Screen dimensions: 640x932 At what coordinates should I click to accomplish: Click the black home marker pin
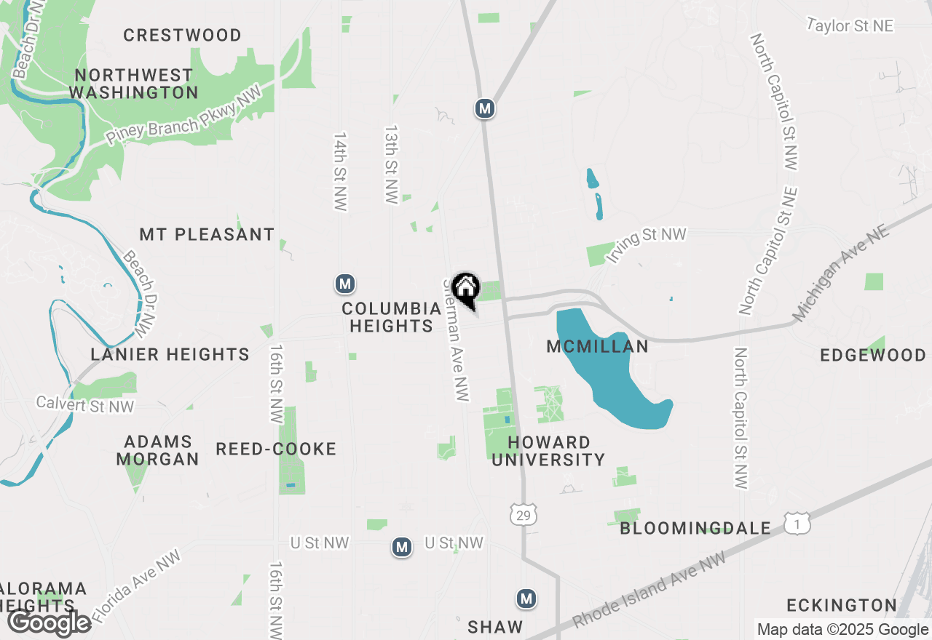coord(465,289)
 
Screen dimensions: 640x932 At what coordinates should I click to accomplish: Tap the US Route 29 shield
coord(524,514)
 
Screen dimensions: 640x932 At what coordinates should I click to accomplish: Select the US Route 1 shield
coord(797,523)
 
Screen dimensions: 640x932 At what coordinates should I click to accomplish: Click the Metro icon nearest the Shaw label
coord(526,599)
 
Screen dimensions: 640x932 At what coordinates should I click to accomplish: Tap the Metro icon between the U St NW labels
coord(401,546)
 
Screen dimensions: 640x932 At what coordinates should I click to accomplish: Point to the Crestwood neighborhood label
coord(182,35)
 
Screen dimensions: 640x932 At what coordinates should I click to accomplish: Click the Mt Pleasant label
coord(207,234)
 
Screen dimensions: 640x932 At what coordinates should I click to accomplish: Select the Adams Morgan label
coord(157,450)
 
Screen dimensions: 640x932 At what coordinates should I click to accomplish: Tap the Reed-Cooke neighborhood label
coord(276,449)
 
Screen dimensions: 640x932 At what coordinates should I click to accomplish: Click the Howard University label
coord(556,451)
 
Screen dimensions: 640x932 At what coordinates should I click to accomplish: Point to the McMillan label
coord(597,347)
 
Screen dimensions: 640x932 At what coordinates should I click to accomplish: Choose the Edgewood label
coord(872,355)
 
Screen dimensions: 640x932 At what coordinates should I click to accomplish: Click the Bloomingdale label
coord(695,528)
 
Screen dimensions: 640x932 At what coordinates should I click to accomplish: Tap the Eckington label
coord(841,605)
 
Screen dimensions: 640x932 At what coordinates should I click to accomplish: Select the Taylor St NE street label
coord(850,26)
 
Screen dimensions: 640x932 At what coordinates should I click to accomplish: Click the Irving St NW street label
coord(647,244)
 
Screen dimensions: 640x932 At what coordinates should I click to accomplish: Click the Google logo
coord(49,623)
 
